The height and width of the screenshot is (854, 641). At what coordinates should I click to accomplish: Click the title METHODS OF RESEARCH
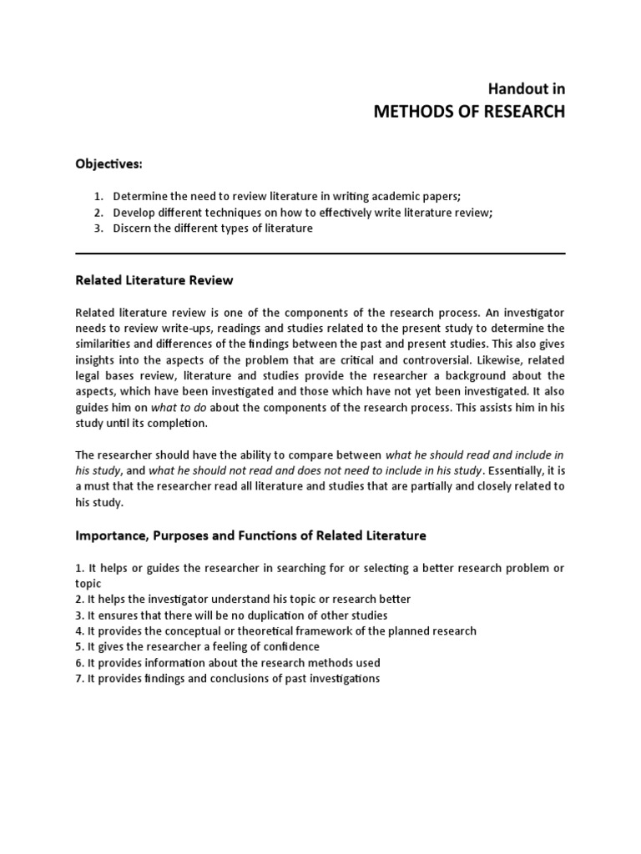(x=469, y=112)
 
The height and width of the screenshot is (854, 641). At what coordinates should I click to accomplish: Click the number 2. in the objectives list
(x=98, y=213)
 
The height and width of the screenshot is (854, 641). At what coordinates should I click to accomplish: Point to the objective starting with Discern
(x=213, y=229)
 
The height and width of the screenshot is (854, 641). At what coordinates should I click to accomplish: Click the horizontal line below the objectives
(x=320, y=254)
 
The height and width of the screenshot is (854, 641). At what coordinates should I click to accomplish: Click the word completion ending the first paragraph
(x=179, y=423)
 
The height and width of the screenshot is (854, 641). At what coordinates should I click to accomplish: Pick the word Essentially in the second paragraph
(x=518, y=470)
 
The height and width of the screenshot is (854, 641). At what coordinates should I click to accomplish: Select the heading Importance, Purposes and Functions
(x=250, y=535)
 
